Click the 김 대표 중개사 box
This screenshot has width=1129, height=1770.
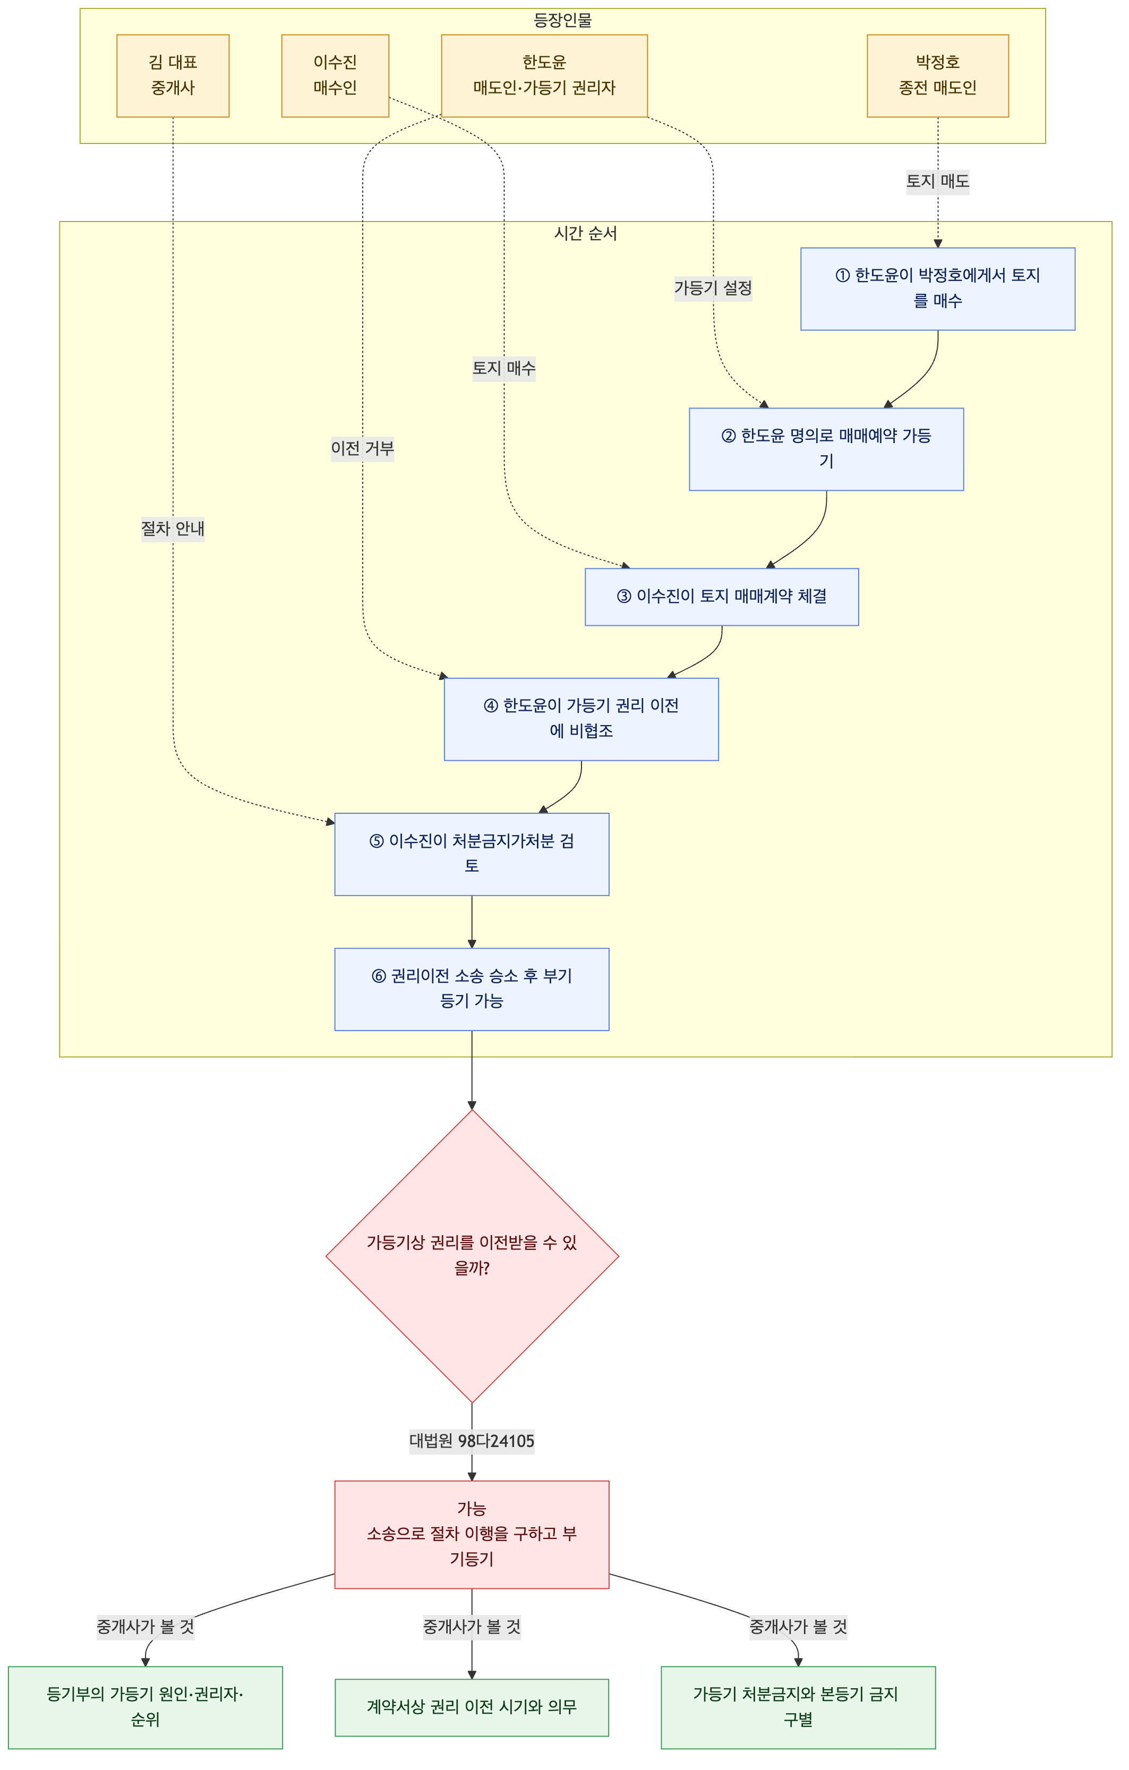pyautogui.click(x=173, y=76)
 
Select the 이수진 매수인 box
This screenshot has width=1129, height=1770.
pyautogui.click(x=335, y=76)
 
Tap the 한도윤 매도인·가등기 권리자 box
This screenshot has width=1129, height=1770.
pyautogui.click(x=544, y=76)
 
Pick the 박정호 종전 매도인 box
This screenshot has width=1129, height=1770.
pyautogui.click(x=937, y=76)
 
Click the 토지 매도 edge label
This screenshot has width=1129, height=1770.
pyautogui.click(x=937, y=181)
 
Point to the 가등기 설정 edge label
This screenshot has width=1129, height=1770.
pyautogui.click(x=713, y=288)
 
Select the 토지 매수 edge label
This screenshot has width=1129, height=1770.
pyautogui.click(x=503, y=368)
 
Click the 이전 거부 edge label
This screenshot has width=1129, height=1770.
pyautogui.click(x=362, y=448)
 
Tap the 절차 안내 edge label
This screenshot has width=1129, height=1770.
pyautogui.click(x=173, y=529)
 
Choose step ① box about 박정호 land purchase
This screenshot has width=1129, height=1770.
pyautogui.click(x=937, y=289)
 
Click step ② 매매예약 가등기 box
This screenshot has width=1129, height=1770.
pyautogui.click(x=826, y=449)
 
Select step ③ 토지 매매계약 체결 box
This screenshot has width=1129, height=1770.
pyautogui.click(x=722, y=597)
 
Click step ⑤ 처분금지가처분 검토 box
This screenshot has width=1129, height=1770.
pyautogui.click(x=472, y=854)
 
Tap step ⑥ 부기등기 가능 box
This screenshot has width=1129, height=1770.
pyautogui.click(x=472, y=989)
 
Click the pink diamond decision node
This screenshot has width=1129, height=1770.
pyautogui.click(x=472, y=1256)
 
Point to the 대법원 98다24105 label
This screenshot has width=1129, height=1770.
pyautogui.click(x=472, y=1441)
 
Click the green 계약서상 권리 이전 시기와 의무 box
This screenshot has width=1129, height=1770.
pyautogui.click(x=472, y=1707)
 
